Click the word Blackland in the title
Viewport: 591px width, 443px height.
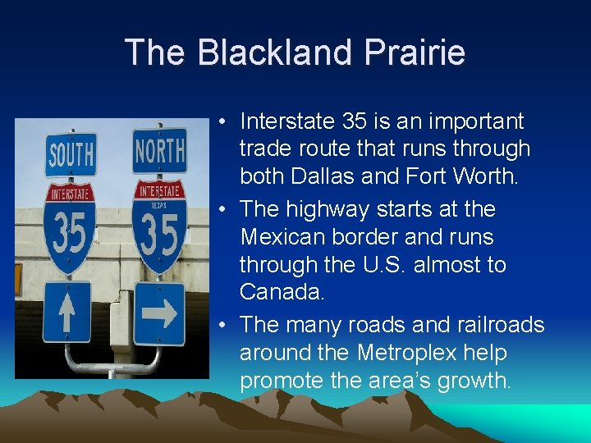[x=260, y=53]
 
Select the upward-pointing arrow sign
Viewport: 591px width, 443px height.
[x=67, y=313]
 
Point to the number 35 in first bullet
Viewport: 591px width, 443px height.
[x=354, y=122]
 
